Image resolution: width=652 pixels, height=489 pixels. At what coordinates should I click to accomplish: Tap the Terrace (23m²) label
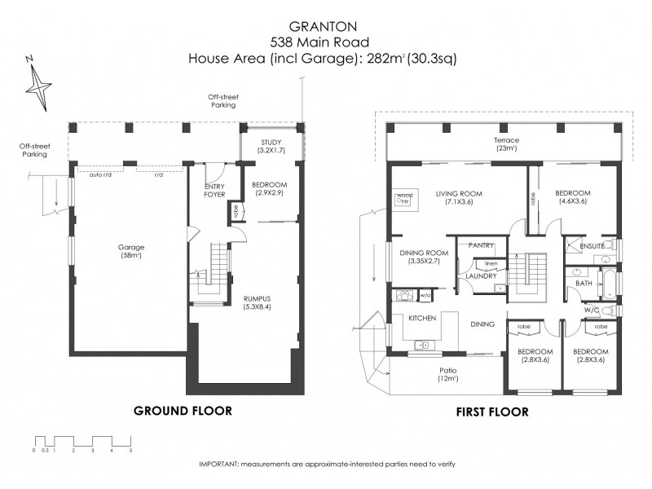pyautogui.click(x=506, y=144)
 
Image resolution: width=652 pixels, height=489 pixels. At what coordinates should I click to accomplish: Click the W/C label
pyautogui.click(x=591, y=310)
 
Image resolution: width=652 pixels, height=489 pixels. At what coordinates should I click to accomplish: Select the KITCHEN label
pyautogui.click(x=423, y=317)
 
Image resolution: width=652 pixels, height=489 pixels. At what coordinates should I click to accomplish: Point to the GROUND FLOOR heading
pyautogui.click(x=183, y=411)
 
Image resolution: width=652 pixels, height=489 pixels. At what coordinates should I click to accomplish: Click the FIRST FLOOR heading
pyautogui.click(x=491, y=412)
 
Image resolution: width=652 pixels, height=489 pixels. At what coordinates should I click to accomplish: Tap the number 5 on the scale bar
pyautogui.click(x=130, y=450)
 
